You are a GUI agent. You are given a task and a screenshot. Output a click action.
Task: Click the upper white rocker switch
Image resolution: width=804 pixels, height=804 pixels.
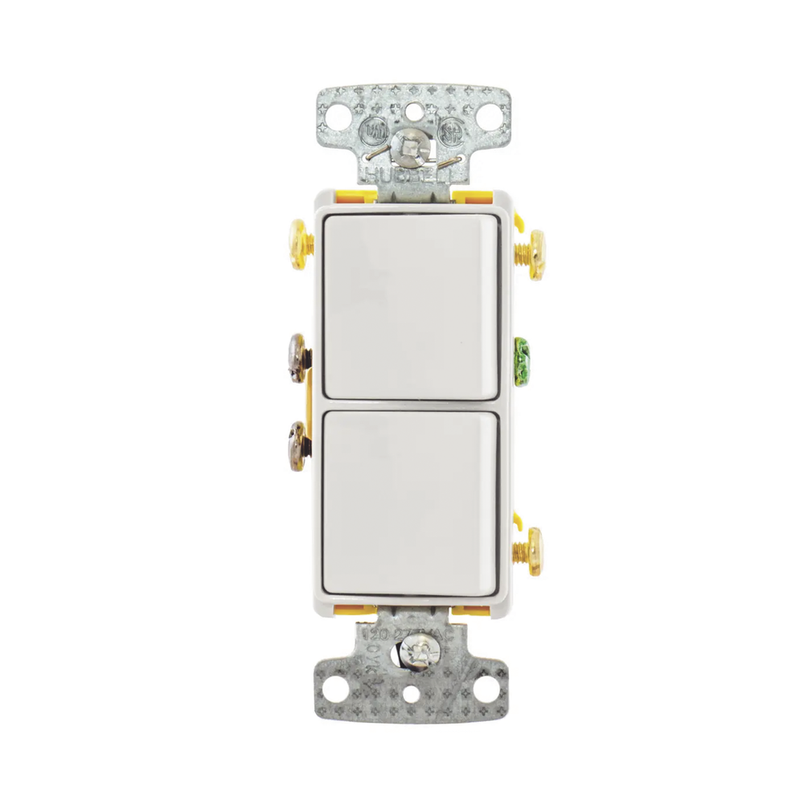(410, 306)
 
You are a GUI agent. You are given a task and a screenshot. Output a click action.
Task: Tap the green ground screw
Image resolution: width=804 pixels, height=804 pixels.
(522, 361)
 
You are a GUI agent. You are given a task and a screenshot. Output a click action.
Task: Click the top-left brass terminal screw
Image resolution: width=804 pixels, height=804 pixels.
(297, 244)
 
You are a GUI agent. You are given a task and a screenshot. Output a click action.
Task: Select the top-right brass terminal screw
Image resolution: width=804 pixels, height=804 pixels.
(534, 254)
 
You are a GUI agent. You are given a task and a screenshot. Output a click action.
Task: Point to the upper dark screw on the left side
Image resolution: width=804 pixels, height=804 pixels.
(297, 358)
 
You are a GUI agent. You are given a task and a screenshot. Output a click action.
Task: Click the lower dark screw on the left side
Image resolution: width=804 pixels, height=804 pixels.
(297, 446)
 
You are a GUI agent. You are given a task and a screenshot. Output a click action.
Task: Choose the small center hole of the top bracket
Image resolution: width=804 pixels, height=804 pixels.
(413, 109)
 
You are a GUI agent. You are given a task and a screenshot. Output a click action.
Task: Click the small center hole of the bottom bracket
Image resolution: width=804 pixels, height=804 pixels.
(412, 697)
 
